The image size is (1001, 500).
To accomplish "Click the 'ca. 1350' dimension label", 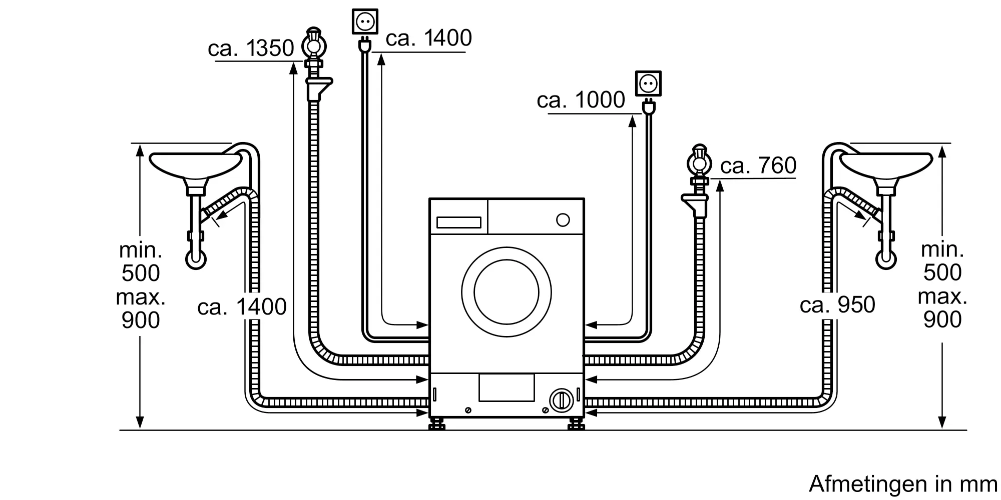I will coord(251,48).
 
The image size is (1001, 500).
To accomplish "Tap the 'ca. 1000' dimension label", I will coord(581,100).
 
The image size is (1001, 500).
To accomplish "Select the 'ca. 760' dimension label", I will coord(758,165).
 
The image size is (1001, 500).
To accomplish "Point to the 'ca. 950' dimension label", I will coord(837,305).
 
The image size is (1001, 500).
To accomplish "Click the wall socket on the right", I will coord(648,83).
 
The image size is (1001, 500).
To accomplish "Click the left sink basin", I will coord(196,164).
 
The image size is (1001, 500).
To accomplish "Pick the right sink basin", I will coord(886,164).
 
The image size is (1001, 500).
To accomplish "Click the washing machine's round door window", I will coord(507,291).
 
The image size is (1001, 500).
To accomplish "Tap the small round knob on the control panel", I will coord(563,220).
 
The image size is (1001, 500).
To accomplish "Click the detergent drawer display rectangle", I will coord(458,222).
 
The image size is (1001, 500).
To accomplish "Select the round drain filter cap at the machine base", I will coord(561,400).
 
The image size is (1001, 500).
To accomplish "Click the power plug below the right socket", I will coord(648,107).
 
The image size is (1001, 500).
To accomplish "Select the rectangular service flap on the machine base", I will coord(506,387).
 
